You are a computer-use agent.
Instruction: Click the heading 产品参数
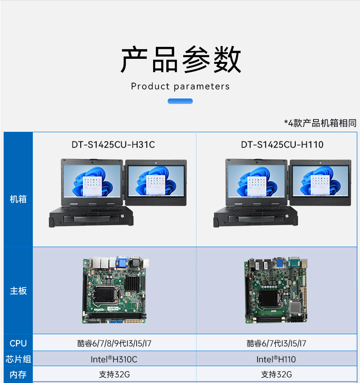[x=180, y=60]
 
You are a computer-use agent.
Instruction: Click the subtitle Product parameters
[x=180, y=86]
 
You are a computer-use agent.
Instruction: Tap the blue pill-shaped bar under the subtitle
[x=180, y=101]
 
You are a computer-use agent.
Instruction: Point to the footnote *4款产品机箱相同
[x=320, y=123]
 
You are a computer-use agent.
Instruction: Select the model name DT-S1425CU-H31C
[x=113, y=145]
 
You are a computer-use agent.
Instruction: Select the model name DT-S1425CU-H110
[x=282, y=145]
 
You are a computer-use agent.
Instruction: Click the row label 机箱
[x=18, y=199]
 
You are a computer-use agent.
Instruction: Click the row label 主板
[x=18, y=291]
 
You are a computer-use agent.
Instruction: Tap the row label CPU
[x=18, y=343]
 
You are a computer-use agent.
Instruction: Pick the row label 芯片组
[x=18, y=359]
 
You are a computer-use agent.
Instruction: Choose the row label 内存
[x=18, y=375]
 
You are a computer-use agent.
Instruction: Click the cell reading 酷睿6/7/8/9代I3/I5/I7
[x=114, y=343]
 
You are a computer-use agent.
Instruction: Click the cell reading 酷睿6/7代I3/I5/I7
[x=277, y=343]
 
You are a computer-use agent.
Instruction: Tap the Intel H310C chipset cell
[x=114, y=359]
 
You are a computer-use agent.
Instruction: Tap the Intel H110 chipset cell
[x=276, y=359]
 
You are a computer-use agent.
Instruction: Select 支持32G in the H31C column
[x=114, y=375]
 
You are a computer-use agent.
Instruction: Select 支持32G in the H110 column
[x=277, y=375]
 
